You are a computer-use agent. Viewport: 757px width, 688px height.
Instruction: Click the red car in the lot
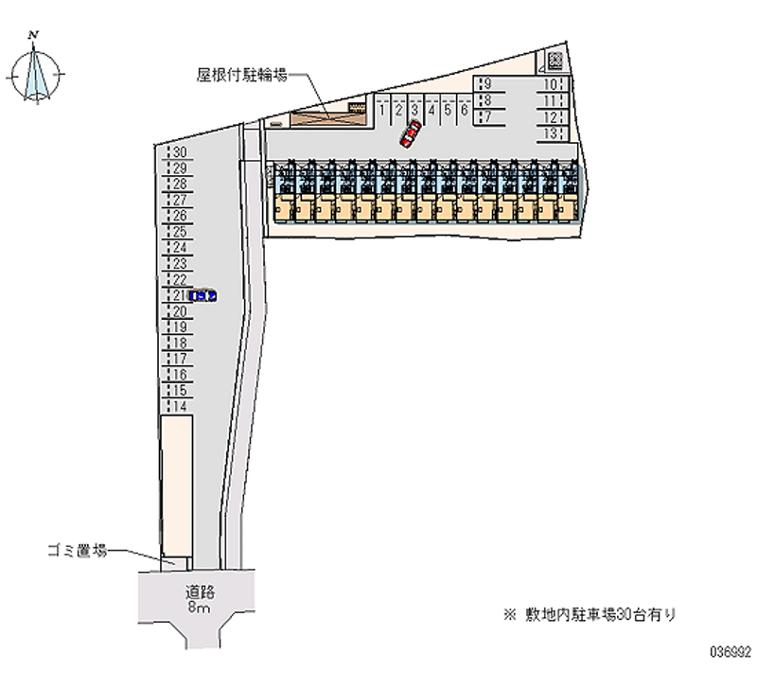pyautogui.click(x=410, y=133)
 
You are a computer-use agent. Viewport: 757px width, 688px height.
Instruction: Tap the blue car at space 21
pyautogui.click(x=202, y=295)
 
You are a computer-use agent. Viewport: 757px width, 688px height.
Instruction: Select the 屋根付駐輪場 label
pyautogui.click(x=242, y=74)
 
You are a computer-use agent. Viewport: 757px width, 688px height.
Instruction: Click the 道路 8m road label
pyautogui.click(x=200, y=599)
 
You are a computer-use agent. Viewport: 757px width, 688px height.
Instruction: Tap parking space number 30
pyautogui.click(x=179, y=151)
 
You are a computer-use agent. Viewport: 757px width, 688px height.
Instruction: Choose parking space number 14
pyautogui.click(x=179, y=406)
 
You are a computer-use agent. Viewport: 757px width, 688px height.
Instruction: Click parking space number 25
pyautogui.click(x=179, y=232)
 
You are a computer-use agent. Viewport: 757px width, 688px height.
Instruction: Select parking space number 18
pyautogui.click(x=179, y=343)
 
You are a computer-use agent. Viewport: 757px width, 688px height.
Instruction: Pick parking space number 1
pyautogui.click(x=382, y=110)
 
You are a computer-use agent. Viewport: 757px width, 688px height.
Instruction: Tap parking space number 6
pyautogui.click(x=464, y=110)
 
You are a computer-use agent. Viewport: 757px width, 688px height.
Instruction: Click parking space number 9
pyautogui.click(x=486, y=83)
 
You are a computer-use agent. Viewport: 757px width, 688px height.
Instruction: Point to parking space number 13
pyautogui.click(x=550, y=133)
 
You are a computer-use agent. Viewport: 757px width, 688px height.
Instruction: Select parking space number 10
pyautogui.click(x=550, y=83)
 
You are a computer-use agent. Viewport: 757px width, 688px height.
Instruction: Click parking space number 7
pyautogui.click(x=486, y=117)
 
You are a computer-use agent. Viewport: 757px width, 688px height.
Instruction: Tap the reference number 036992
pyautogui.click(x=729, y=652)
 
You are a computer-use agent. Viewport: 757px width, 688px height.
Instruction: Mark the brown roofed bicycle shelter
pyautogui.click(x=328, y=115)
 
